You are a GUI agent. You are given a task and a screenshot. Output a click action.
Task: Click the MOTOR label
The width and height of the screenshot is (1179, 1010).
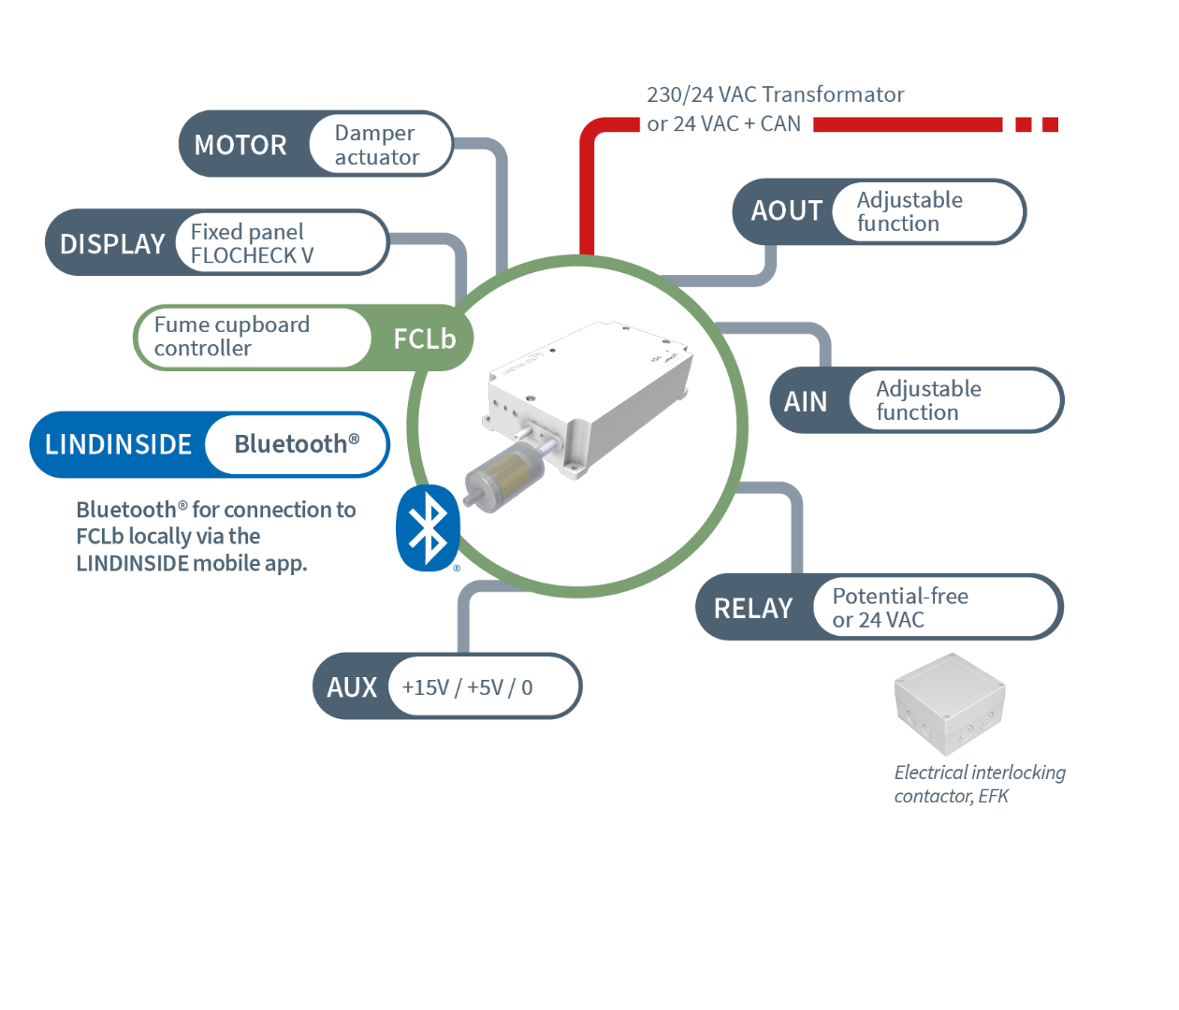point(240,145)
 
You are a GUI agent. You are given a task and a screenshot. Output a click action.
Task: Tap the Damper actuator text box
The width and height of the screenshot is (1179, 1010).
point(377,145)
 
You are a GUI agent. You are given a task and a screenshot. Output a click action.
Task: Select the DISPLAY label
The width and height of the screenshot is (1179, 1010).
point(112,244)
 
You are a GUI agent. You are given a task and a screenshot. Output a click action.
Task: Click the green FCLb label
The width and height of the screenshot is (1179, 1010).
point(424,339)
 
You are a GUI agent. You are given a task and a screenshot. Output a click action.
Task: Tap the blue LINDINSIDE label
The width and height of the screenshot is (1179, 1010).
point(118,444)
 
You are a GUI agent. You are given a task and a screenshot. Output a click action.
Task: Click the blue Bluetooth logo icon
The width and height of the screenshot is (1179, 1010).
point(429,528)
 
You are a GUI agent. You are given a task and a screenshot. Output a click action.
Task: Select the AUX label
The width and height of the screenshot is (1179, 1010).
point(352,687)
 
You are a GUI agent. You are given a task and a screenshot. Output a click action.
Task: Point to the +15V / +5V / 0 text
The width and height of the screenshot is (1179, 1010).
point(467,687)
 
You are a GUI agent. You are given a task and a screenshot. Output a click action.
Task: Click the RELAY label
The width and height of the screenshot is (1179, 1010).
point(753,609)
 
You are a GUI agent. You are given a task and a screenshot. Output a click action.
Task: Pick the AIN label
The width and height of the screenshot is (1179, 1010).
point(806,402)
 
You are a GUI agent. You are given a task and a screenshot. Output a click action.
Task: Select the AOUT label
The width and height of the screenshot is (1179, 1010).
point(786,211)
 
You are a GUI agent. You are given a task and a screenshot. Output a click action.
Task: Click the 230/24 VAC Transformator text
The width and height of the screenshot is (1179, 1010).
point(776,95)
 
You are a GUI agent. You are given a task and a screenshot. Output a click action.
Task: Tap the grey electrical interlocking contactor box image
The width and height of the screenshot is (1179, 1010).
point(951,706)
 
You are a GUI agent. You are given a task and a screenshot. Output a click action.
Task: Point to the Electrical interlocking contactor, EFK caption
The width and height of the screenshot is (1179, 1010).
point(979,784)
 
